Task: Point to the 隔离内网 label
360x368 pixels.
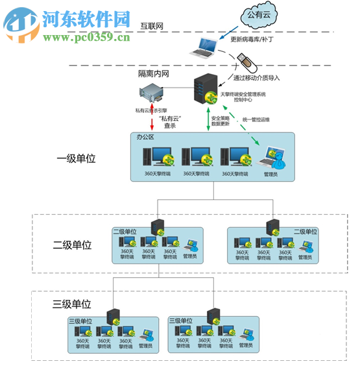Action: tap(153, 73)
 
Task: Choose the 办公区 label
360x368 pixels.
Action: tap(145, 138)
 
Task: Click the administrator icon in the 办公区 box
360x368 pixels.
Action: tap(269, 158)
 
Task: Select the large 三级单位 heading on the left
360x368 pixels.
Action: tap(72, 304)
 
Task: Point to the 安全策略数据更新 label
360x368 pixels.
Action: tap(221, 121)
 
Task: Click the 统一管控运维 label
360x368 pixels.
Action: tap(257, 119)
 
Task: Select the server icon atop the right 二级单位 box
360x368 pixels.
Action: tap(272, 227)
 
